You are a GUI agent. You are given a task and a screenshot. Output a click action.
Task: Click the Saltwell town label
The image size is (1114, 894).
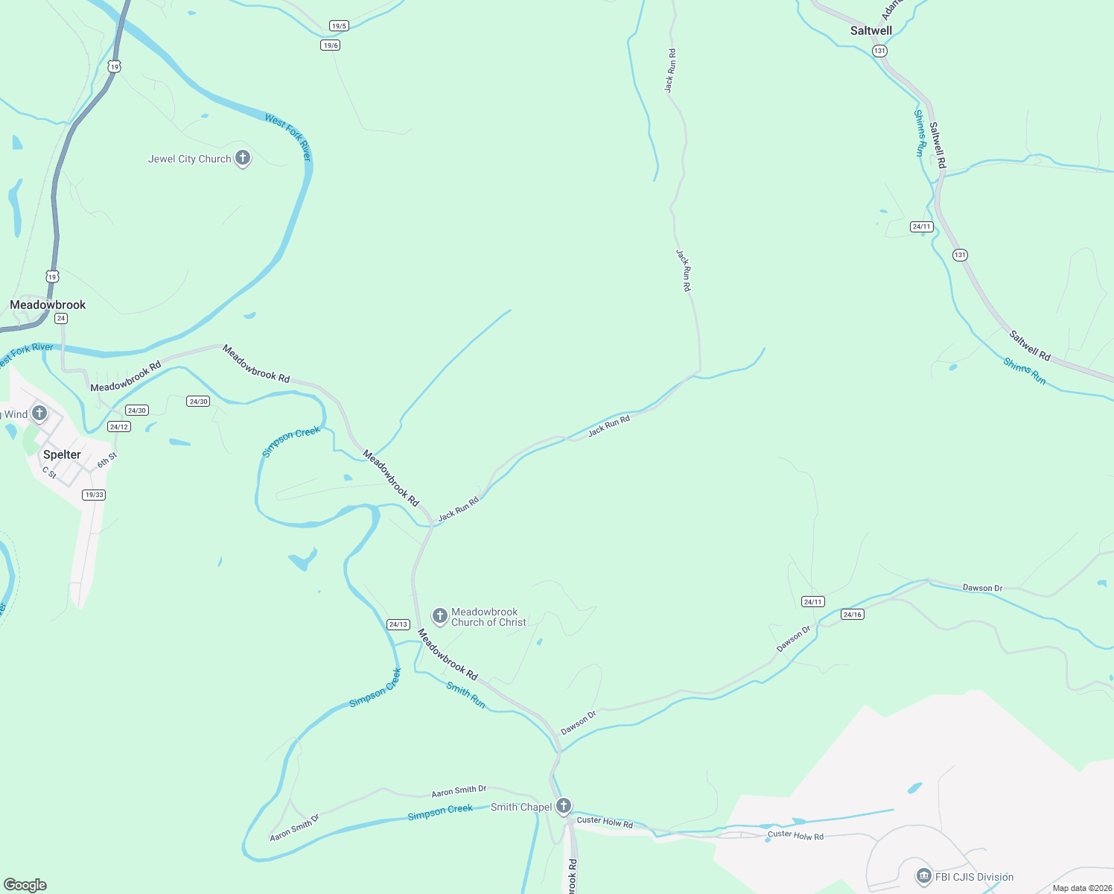click(870, 31)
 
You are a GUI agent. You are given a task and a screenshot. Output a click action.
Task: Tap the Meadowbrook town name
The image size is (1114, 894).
click(48, 305)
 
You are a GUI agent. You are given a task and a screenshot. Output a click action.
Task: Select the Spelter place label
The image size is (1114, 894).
click(62, 454)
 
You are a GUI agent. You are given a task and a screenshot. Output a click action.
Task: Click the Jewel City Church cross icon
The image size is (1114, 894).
click(242, 158)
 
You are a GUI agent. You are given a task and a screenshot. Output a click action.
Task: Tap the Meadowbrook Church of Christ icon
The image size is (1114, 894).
click(440, 616)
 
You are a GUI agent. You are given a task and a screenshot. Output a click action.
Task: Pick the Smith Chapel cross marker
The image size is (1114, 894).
click(564, 805)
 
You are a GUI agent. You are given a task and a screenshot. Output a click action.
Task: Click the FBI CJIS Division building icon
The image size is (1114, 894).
click(924, 875)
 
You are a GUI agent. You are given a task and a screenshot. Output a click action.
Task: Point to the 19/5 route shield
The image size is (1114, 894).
click(340, 26)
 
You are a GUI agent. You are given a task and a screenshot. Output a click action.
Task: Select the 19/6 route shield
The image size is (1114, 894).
click(331, 45)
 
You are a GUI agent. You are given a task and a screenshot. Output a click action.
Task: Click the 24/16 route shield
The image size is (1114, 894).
click(852, 615)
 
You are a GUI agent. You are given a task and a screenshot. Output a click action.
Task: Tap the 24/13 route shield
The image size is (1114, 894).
click(398, 624)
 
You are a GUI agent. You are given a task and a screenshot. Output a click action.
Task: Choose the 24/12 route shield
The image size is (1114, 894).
click(119, 427)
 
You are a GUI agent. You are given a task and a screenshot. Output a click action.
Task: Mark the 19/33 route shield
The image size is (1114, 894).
click(94, 495)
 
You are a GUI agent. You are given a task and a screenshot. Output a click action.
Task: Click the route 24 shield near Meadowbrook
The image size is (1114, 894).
click(61, 318)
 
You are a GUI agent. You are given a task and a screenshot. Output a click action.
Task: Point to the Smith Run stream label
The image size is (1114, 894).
click(465, 695)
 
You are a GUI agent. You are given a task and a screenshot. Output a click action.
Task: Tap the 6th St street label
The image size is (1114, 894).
click(107, 460)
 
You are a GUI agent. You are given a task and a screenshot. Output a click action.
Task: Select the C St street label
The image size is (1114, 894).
click(49, 472)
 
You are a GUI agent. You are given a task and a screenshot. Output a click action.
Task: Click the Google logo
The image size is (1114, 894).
click(25, 885)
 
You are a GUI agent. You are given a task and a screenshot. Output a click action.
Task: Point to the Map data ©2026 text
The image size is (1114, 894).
click(1082, 888)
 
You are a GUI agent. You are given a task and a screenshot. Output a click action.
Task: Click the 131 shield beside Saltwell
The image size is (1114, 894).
click(880, 51)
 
